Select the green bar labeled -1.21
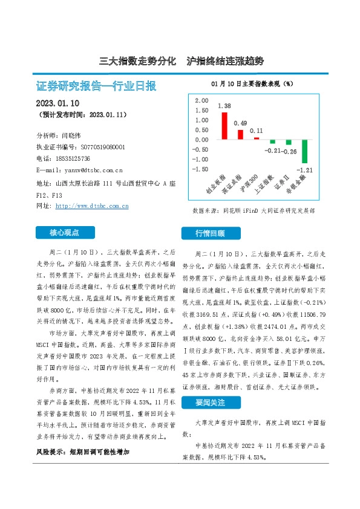tap(305, 152)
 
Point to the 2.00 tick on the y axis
tap(202, 100)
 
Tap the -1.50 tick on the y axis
tap(201, 169)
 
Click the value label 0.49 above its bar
tap(240, 123)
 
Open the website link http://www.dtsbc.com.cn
tap(92, 206)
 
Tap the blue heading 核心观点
tap(65, 232)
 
